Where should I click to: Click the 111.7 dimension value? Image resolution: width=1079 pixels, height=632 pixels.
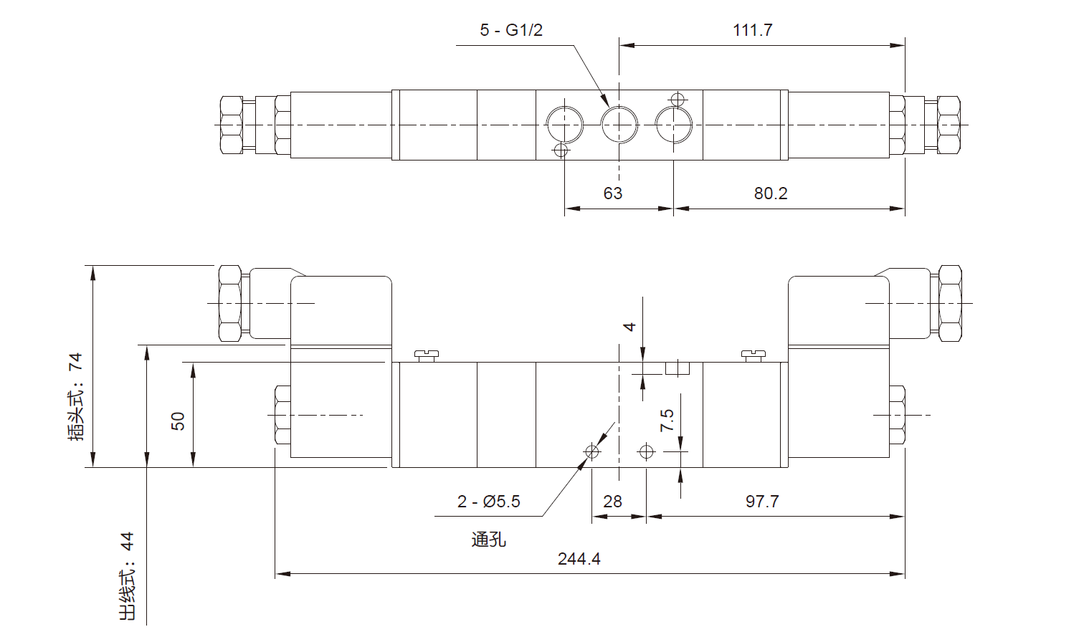click(752, 30)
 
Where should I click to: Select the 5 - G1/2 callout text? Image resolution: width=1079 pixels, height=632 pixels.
click(511, 30)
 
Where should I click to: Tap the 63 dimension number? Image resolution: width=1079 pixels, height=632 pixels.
click(613, 193)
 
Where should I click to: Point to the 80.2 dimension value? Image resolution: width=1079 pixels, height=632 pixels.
click(771, 193)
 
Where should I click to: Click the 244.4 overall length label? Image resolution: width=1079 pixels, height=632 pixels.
click(579, 559)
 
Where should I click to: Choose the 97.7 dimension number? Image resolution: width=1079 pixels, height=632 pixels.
click(762, 502)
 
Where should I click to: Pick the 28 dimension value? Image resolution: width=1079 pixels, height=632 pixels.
click(613, 502)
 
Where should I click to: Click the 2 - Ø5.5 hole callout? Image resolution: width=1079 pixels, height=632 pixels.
click(489, 502)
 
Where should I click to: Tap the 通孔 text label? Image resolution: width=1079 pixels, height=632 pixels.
click(489, 539)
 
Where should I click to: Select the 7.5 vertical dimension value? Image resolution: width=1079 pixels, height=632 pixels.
click(667, 420)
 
